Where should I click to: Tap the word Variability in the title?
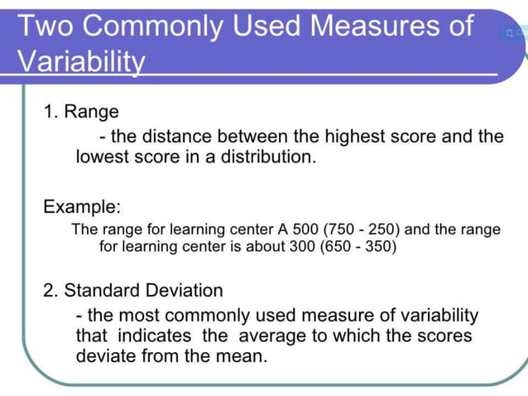(81, 62)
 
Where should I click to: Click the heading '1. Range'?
(81, 111)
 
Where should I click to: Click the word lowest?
(103, 156)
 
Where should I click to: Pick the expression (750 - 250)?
(358, 229)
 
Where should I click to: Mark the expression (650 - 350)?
(358, 247)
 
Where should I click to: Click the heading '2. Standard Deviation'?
(132, 291)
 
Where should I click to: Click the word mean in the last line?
(244, 356)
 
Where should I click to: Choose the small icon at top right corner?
(510, 33)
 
